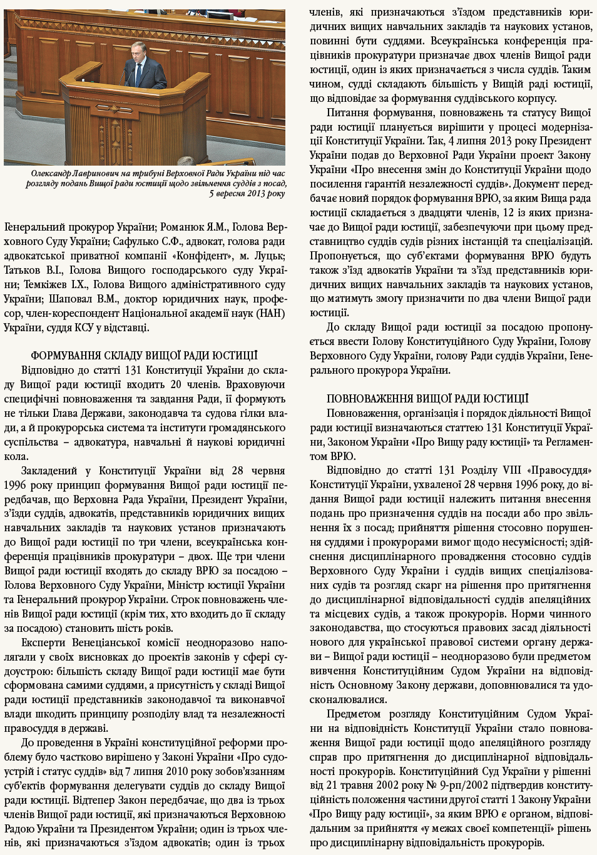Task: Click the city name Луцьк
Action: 270,256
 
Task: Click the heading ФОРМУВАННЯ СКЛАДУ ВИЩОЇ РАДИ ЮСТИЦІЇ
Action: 144,356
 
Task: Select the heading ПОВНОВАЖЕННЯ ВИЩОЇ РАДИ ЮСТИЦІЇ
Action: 427,399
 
